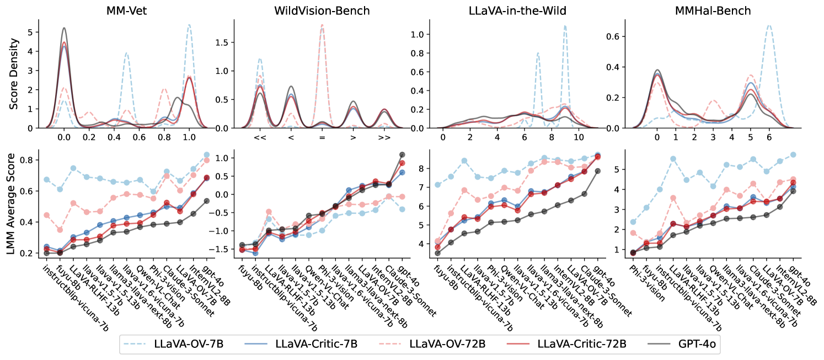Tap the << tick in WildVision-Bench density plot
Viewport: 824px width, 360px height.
coord(259,137)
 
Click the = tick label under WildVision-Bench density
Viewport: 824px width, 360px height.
coord(322,137)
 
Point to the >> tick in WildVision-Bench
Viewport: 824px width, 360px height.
coord(384,137)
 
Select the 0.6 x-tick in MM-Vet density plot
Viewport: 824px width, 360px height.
coord(139,137)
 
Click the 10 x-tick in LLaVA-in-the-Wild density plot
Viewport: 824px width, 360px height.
coord(579,137)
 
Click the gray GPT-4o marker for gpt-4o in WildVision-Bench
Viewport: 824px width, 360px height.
coord(402,155)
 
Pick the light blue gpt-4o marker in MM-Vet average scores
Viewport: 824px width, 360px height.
coord(207,155)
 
